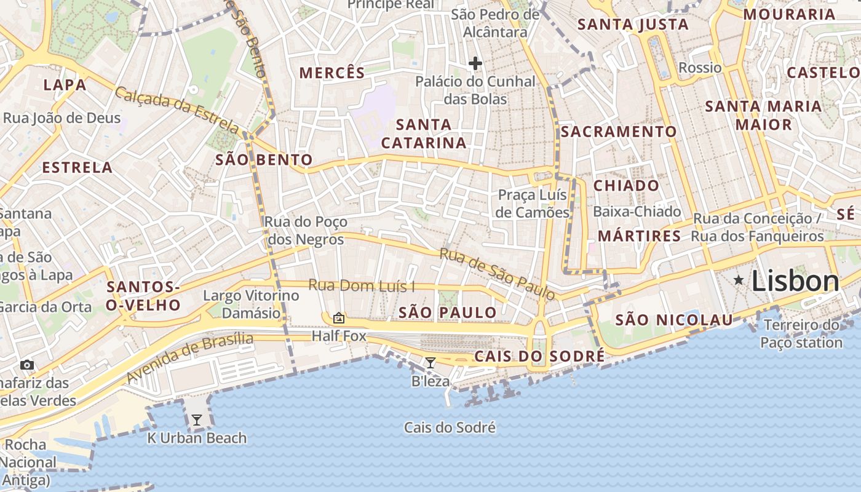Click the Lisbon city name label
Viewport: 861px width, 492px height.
tap(795, 282)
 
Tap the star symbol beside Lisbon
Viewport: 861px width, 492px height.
tap(739, 280)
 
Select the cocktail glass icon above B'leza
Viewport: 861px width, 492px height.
tap(430, 363)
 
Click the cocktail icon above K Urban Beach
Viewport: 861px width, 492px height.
tap(197, 420)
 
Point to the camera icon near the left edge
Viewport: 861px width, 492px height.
tap(26, 365)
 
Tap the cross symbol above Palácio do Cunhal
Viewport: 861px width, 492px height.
tap(475, 63)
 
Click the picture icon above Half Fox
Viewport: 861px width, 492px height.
tap(338, 318)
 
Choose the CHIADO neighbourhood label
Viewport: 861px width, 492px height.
tap(626, 186)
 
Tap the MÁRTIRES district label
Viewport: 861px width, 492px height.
tap(640, 236)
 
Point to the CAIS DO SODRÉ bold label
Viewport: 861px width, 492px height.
tap(539, 357)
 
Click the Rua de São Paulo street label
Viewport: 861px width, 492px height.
tap(497, 274)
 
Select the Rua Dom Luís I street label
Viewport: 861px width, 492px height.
tap(362, 285)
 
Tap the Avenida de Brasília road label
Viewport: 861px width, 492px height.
tap(190, 358)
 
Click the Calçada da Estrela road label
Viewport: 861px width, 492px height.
tap(177, 110)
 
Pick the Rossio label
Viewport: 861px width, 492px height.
tap(700, 68)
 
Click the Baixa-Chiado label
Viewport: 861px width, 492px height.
tap(637, 212)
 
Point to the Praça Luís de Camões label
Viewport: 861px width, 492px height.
tap(533, 204)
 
